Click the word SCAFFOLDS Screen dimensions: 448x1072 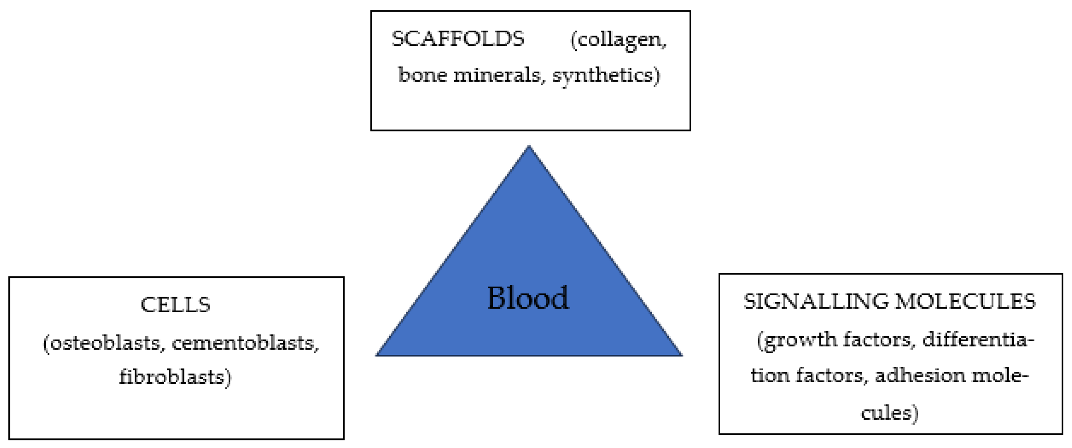(458, 39)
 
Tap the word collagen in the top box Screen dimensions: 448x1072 (618, 41)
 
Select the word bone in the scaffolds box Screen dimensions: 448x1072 (422, 75)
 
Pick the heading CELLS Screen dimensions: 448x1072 (176, 305)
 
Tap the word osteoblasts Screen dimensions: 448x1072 (106, 344)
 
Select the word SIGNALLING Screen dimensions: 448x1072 (816, 301)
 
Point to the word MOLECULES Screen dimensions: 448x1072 (965, 301)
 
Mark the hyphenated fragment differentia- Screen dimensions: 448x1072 (978, 340)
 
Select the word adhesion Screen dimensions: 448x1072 (920, 376)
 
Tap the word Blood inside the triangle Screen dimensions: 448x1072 (528, 298)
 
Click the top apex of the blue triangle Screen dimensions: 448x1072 (529, 147)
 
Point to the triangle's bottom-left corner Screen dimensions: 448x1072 (377, 355)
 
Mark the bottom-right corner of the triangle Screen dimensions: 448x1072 (681, 355)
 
